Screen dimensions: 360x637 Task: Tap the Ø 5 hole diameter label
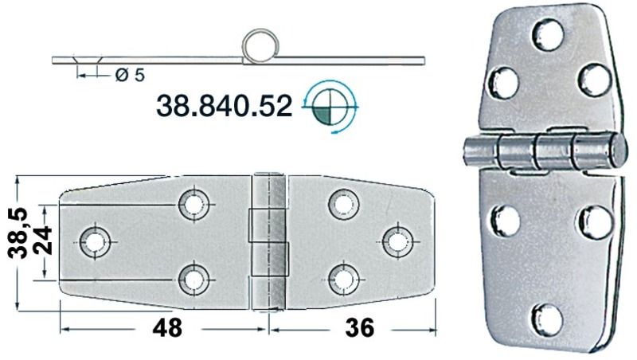coord(129,76)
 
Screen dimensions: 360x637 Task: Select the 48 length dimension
coord(167,327)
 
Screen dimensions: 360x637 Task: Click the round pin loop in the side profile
coord(259,46)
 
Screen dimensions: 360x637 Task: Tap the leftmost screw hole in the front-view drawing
coord(95,241)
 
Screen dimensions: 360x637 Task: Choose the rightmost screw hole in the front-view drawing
coord(397,241)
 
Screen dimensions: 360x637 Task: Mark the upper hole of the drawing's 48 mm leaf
coord(193,204)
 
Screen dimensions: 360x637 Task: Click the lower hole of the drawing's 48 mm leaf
coord(193,278)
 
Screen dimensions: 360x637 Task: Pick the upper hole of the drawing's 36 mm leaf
coord(343,204)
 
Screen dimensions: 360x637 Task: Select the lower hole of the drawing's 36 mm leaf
coord(343,278)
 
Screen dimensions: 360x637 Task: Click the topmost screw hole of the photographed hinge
coord(547,34)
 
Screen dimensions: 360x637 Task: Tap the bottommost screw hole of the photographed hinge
coord(547,319)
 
